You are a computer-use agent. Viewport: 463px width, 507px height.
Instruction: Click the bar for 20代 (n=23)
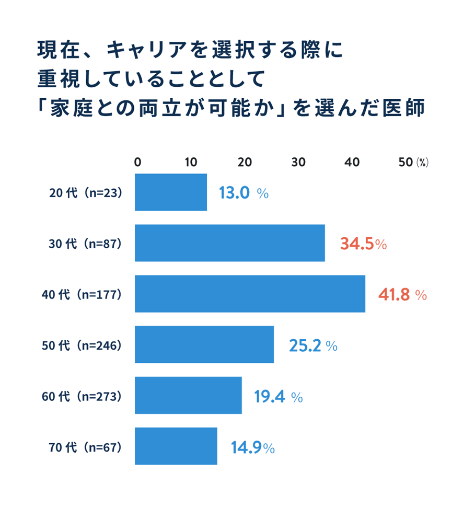[x=171, y=192]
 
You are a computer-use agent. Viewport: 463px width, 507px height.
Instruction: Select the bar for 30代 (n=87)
[x=230, y=243]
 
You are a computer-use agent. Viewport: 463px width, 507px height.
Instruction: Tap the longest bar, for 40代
[x=250, y=294]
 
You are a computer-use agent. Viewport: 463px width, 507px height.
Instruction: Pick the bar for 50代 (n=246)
[x=204, y=344]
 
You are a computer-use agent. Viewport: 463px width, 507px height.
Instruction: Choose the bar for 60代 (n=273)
[x=188, y=395]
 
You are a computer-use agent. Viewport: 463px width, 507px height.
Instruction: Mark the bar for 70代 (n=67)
[x=176, y=446]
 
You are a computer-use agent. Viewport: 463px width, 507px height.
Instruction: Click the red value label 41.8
[x=394, y=295]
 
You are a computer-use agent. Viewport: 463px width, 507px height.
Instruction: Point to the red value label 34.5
[x=356, y=244]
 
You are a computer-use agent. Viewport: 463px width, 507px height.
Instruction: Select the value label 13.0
[x=235, y=193]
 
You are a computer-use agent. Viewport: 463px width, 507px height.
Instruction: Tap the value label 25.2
[x=305, y=345]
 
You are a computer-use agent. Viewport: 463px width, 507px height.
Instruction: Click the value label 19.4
[x=270, y=397]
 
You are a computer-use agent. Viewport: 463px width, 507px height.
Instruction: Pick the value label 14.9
[x=246, y=447]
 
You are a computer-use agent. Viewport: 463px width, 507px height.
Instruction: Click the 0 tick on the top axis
[x=137, y=162]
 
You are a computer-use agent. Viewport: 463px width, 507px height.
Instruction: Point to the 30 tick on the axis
[x=298, y=162]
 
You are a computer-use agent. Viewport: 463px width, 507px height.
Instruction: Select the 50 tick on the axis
[x=406, y=162]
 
